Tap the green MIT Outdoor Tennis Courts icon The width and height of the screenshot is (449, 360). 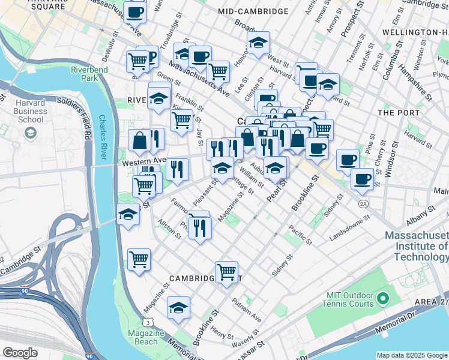(380, 297)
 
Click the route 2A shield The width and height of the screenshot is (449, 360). (363, 204)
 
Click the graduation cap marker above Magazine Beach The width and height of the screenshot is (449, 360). (178, 307)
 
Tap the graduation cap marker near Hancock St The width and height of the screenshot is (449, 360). (258, 43)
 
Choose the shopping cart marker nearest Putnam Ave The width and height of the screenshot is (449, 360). (226, 272)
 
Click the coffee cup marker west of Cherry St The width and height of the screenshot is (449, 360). (348, 160)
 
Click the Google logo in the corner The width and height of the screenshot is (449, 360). (19, 353)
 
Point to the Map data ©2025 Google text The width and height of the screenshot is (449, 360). (412, 355)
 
